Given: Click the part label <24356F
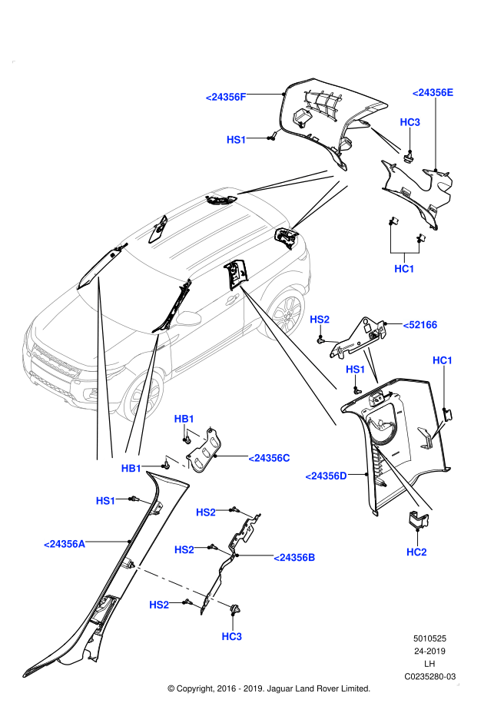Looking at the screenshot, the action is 226,97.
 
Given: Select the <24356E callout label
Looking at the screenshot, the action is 433,93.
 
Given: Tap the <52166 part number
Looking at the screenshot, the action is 419,325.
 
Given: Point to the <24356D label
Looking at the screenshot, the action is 327,476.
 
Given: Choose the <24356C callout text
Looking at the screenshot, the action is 269,459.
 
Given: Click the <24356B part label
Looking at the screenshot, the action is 293,558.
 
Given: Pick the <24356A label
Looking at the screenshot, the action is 64,544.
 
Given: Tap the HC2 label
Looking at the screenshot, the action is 416,552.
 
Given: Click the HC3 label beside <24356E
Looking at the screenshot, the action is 409,122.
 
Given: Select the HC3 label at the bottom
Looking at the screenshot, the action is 231,637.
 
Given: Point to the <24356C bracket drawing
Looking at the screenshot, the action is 204,450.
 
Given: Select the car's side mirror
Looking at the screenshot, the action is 189,318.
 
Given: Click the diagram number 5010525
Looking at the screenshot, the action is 429,638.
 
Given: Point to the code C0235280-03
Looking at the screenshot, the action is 429,677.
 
